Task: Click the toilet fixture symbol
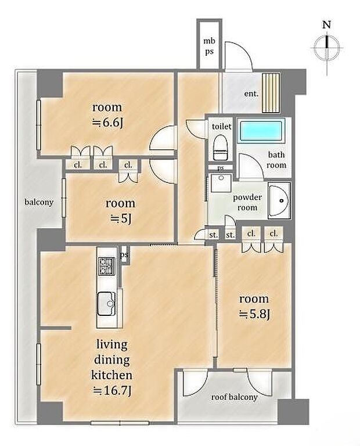(220, 148)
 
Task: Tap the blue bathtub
(262, 131)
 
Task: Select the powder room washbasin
(279, 200)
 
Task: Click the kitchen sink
(106, 304)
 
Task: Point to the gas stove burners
(106, 266)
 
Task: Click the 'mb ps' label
(209, 46)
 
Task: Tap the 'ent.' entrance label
(251, 93)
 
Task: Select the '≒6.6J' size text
(107, 123)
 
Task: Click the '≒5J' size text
(121, 218)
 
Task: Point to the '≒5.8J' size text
(254, 314)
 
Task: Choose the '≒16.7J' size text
(112, 391)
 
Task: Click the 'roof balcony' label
(235, 397)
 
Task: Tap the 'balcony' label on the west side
(39, 202)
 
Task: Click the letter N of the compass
(327, 25)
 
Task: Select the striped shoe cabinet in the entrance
(271, 93)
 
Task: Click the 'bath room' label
(276, 160)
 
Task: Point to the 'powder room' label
(247, 202)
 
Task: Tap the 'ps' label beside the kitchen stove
(124, 255)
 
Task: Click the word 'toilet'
(222, 126)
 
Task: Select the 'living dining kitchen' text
(111, 360)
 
